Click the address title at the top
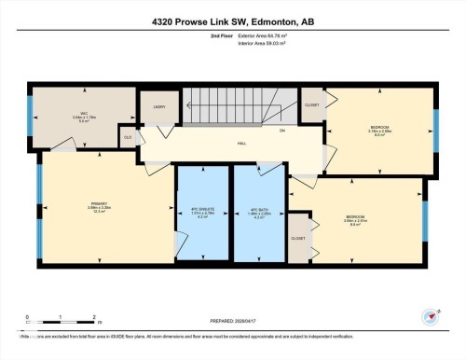click(x=233, y=20)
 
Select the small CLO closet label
click(x=127, y=137)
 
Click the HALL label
click(x=241, y=144)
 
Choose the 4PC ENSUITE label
click(x=203, y=210)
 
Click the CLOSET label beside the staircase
click(x=312, y=104)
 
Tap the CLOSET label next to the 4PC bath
click(x=298, y=238)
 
